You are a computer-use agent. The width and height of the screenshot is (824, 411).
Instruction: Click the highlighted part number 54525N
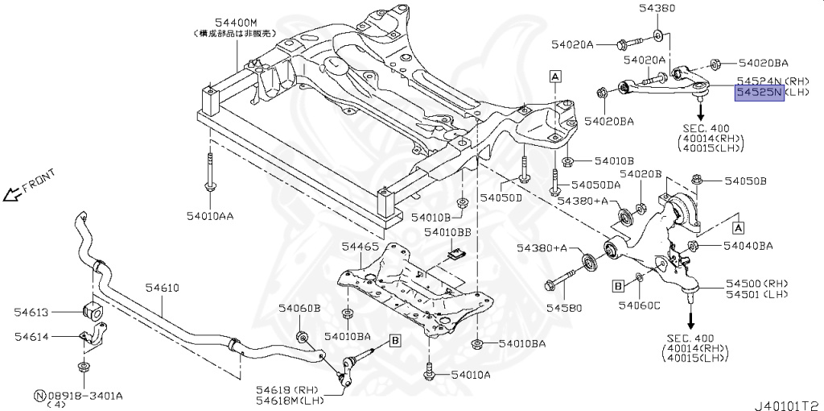(757, 93)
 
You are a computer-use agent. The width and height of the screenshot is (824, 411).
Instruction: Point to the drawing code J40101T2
(787, 396)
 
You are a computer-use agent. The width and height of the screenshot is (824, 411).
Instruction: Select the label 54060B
(299, 308)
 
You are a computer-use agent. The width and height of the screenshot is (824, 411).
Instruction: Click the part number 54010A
(471, 375)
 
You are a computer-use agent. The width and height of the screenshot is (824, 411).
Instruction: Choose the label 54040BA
(748, 245)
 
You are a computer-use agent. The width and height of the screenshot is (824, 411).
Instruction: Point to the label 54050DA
(590, 185)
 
